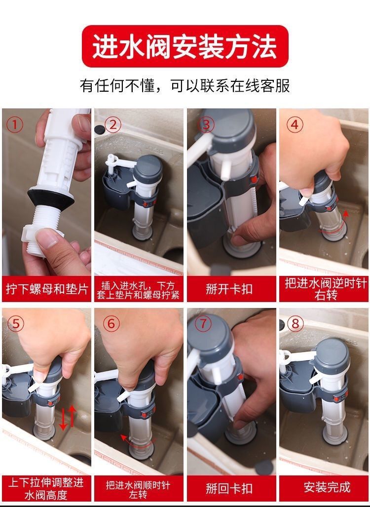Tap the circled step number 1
[15, 125]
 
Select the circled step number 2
[112, 125]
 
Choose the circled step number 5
[16, 323]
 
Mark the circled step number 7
[203, 323]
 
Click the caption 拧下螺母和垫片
[47, 289]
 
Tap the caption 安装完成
[324, 487]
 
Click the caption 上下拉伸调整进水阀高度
[47, 488]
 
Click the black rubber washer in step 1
[49, 195]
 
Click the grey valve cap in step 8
[332, 353]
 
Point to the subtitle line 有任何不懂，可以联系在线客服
[185, 86]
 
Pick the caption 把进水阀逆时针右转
[324, 289]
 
